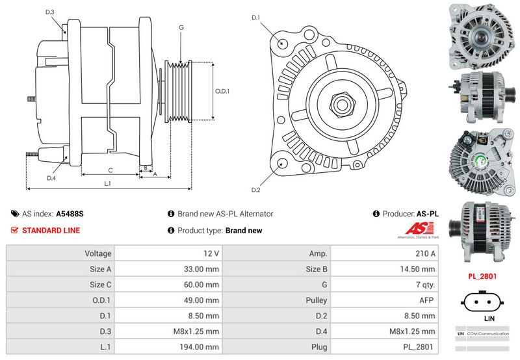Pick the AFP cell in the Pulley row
[426, 300]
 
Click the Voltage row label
[98, 253]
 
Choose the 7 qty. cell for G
[426, 285]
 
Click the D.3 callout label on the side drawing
[50, 12]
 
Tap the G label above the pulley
[181, 27]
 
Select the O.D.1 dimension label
[222, 91]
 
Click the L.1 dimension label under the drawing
[108, 184]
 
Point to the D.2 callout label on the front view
[255, 190]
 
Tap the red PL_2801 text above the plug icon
[483, 276]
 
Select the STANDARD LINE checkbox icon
[14, 230]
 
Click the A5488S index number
[70, 214]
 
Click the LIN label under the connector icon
[489, 320]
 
